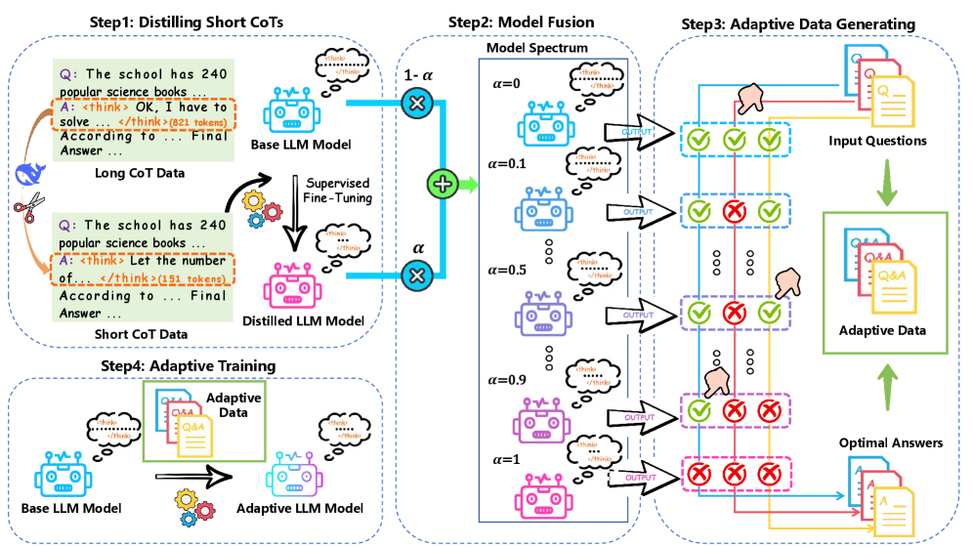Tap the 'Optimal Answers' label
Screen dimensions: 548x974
[891, 443]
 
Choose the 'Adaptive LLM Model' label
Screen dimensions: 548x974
[300, 508]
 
